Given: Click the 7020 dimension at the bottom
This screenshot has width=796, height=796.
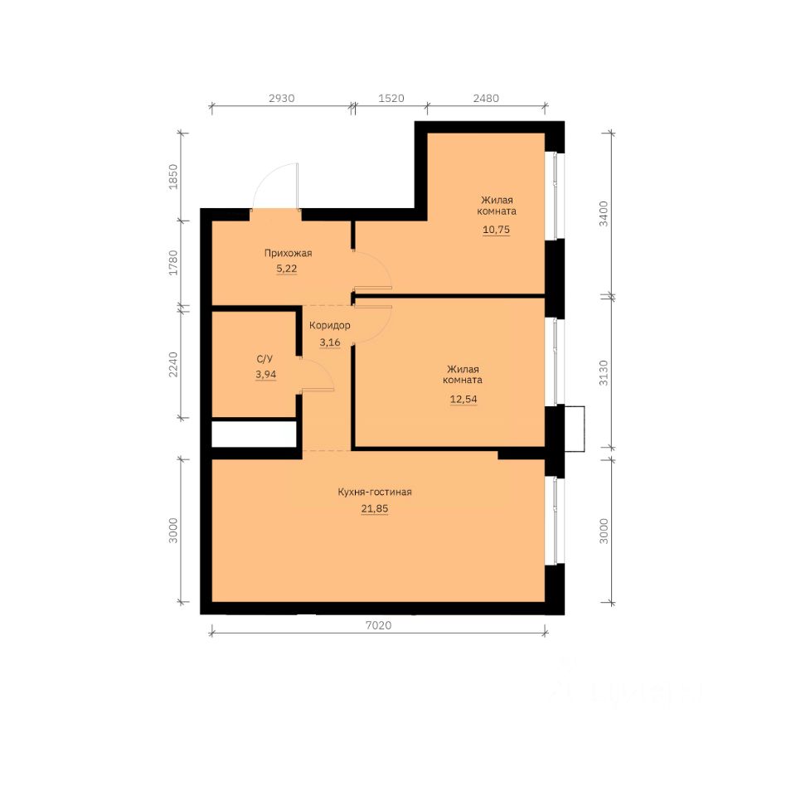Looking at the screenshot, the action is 379,625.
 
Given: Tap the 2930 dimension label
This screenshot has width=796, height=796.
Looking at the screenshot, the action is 282,98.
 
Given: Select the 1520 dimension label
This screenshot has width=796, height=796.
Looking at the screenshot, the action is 391,98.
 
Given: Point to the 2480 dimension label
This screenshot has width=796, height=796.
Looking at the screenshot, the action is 486,98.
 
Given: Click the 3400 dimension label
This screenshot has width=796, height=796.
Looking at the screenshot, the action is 603,213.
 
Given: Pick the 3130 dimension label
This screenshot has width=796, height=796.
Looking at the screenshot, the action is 603,372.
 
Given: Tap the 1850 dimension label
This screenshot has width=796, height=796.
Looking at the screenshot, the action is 173,177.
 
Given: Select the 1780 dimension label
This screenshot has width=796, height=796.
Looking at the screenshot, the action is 173,263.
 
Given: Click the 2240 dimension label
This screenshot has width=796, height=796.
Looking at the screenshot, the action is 173,364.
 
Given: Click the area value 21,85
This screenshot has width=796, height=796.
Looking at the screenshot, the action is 375,508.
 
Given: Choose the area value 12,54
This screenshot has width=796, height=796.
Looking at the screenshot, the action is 464,399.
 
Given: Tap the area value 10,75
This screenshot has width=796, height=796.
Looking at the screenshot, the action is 496,230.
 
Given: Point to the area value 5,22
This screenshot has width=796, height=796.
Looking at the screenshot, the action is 287,269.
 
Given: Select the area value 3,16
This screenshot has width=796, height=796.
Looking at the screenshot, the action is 330,342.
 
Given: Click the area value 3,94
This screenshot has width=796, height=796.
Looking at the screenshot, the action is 266,375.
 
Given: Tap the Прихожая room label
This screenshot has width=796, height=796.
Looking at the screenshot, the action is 288,253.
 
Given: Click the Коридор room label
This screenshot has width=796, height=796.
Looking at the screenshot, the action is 330,325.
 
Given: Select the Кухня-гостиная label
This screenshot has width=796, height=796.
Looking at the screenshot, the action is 375,492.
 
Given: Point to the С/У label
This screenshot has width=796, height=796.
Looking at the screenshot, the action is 265,359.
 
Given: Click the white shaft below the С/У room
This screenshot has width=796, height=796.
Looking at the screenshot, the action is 254,434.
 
